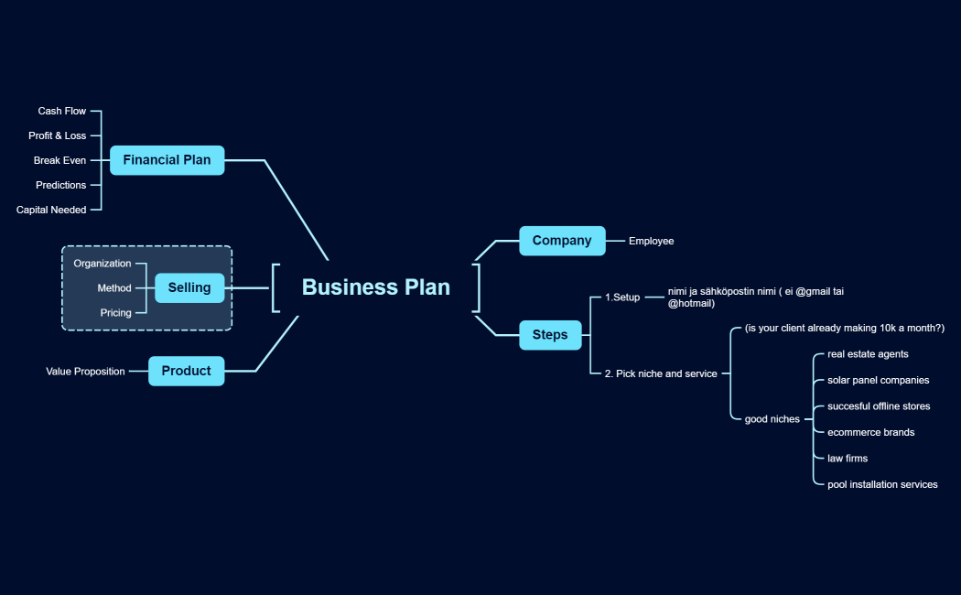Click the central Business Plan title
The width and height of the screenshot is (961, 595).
[375, 287]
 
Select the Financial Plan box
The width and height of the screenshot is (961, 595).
[167, 160]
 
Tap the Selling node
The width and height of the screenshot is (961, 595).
[189, 287]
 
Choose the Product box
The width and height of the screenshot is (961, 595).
[186, 371]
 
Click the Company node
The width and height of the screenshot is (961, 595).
[562, 241]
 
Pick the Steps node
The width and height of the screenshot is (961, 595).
[550, 335]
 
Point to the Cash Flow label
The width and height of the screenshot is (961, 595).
[62, 112]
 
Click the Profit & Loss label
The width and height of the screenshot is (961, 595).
[57, 135]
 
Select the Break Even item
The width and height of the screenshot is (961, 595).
[59, 160]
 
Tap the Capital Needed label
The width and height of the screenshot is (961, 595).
[51, 210]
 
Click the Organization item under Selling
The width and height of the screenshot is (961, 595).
[103, 264]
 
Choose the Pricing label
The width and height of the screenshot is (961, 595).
[115, 313]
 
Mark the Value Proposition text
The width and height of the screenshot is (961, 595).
[85, 372]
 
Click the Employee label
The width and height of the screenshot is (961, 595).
[651, 241]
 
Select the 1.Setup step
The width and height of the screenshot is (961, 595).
[622, 297]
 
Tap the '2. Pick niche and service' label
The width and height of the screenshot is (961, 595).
[661, 373]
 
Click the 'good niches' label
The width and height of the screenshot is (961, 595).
[772, 419]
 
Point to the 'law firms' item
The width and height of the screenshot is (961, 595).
[848, 459]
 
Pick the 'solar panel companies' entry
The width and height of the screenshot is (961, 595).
[878, 380]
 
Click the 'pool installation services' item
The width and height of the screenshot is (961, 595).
[882, 484]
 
